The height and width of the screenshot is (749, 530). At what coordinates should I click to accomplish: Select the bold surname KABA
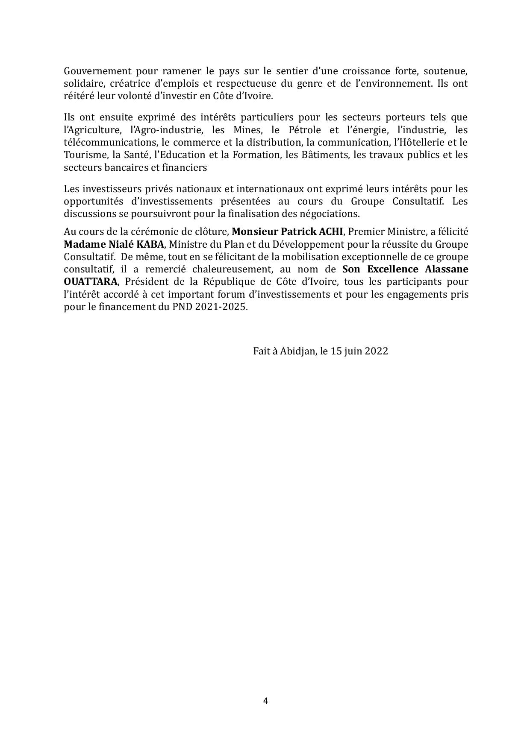click(150, 244)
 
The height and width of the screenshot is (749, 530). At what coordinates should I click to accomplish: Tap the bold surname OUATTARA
click(90, 282)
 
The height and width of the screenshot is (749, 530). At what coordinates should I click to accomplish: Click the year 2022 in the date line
click(377, 351)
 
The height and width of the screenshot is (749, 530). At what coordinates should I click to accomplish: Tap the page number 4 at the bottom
click(265, 701)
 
